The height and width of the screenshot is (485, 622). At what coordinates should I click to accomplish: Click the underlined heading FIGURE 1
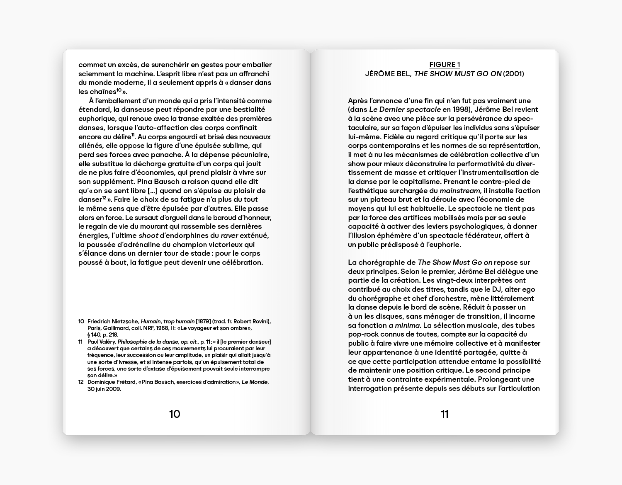(445, 65)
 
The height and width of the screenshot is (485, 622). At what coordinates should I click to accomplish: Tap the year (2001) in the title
(513, 74)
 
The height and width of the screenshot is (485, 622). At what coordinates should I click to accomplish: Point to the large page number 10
(175, 414)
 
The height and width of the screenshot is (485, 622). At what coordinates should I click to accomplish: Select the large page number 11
(445, 414)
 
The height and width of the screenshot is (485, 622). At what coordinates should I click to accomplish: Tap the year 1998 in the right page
(452, 110)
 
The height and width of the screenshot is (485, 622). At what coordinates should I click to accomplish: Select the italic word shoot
(148, 235)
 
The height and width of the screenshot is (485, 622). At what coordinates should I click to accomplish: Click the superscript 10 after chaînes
(119, 90)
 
